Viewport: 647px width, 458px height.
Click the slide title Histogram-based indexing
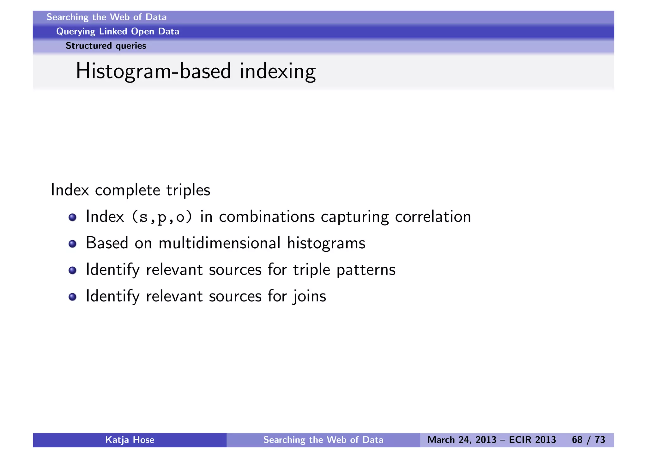pyautogui.click(x=196, y=71)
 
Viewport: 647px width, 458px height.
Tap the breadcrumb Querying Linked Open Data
pyautogui.click(x=118, y=32)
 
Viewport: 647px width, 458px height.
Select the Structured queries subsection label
pyautogui.click(x=106, y=46)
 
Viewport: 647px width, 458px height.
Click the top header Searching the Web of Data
pyautogui.click(x=106, y=17)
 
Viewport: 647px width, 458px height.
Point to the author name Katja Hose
pyautogui.click(x=130, y=440)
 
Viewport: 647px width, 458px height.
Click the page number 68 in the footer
pyautogui.click(x=577, y=440)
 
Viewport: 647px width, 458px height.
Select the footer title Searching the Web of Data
pyautogui.click(x=323, y=440)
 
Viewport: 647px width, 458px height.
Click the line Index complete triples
pyautogui.click(x=130, y=190)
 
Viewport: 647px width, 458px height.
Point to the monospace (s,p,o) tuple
pyautogui.click(x=162, y=217)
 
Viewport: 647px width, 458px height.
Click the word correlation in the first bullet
pyautogui.click(x=433, y=217)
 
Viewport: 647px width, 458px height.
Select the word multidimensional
pyautogui.click(x=220, y=244)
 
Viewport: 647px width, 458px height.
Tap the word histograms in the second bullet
pyautogui.click(x=326, y=244)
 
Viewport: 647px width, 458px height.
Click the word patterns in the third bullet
pyautogui.click(x=366, y=270)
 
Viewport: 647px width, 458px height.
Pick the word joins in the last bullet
pyautogui.click(x=309, y=297)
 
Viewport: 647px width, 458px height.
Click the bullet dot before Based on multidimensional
pyautogui.click(x=73, y=244)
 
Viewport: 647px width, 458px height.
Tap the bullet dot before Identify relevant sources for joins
pyautogui.click(x=73, y=297)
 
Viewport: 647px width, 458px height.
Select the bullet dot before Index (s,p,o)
pyautogui.click(x=73, y=217)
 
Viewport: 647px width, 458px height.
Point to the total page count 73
pyautogui.click(x=600, y=440)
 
